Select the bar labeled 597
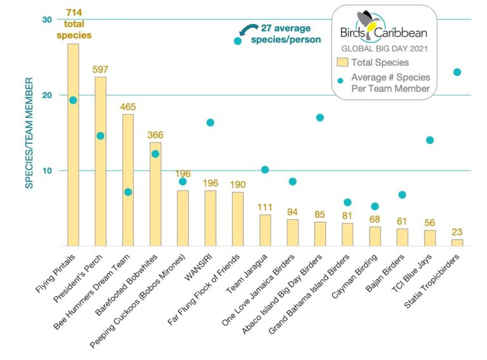pos(100,162)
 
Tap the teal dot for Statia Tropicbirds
pos(457,72)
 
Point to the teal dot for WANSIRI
pos(210,122)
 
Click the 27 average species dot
pos(237,41)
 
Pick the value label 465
pos(128,106)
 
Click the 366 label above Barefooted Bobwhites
pos(155,135)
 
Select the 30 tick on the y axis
pos(47,20)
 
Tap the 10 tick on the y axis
pos(47,170)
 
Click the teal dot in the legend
pos(341,81)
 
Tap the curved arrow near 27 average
pos(248,29)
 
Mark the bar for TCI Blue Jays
pos(430,238)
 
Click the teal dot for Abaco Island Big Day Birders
pos(320,117)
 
